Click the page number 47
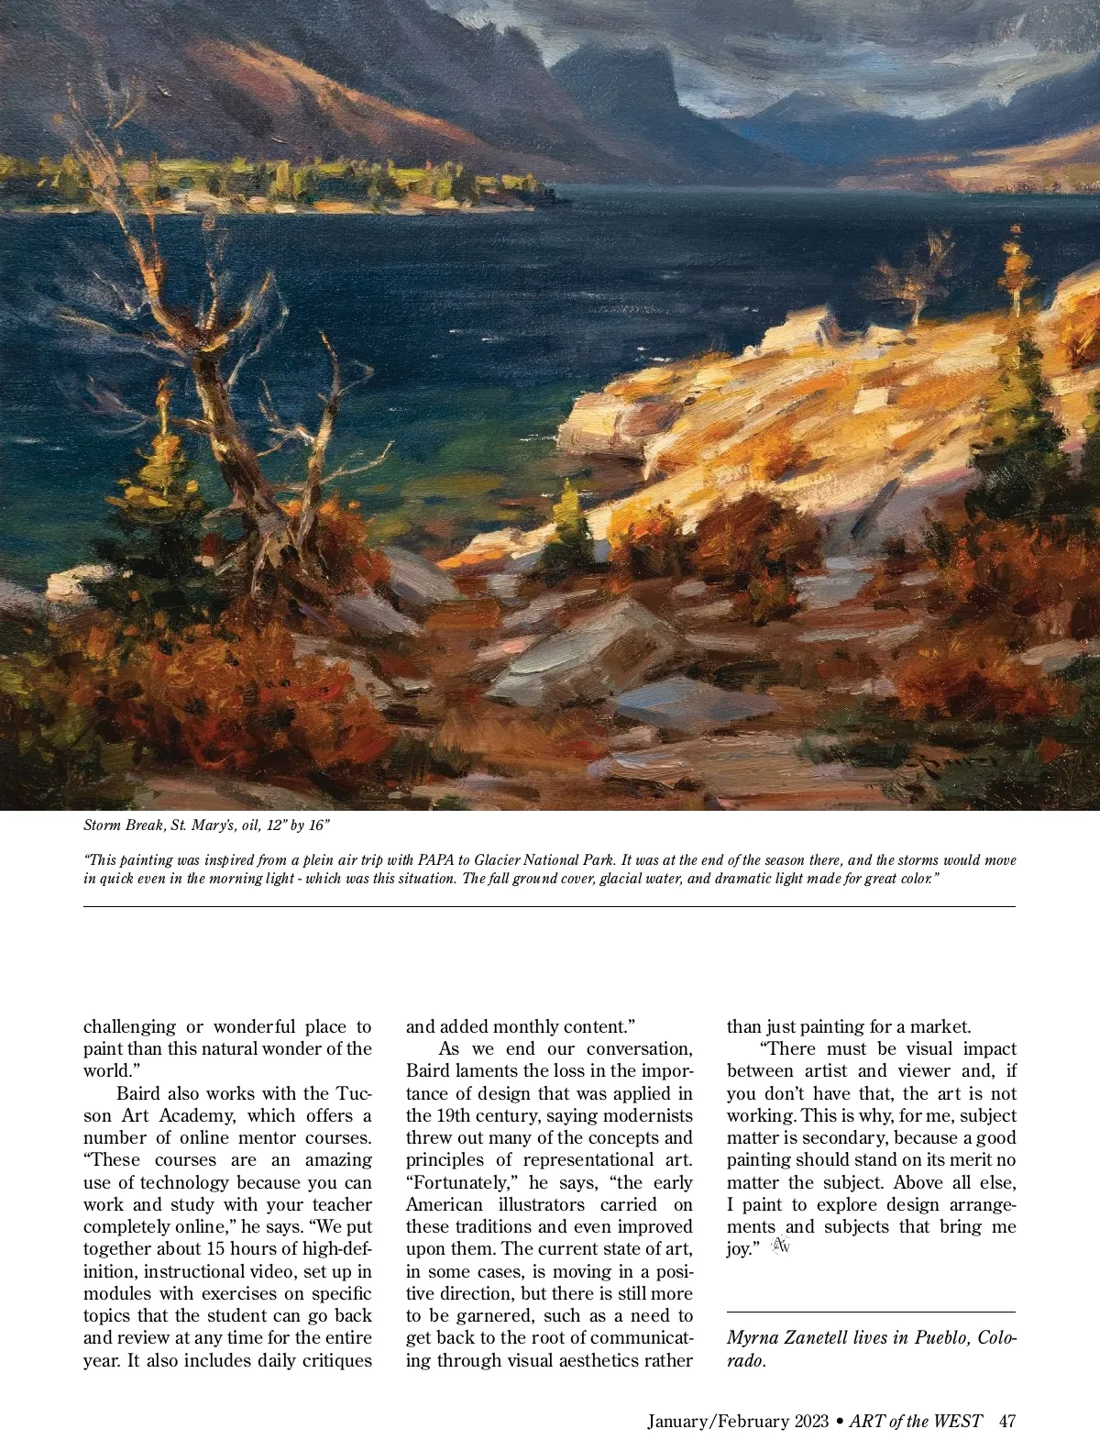pos(1007,1422)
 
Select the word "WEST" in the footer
pos(958,1422)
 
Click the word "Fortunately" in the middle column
pos(453,1182)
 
